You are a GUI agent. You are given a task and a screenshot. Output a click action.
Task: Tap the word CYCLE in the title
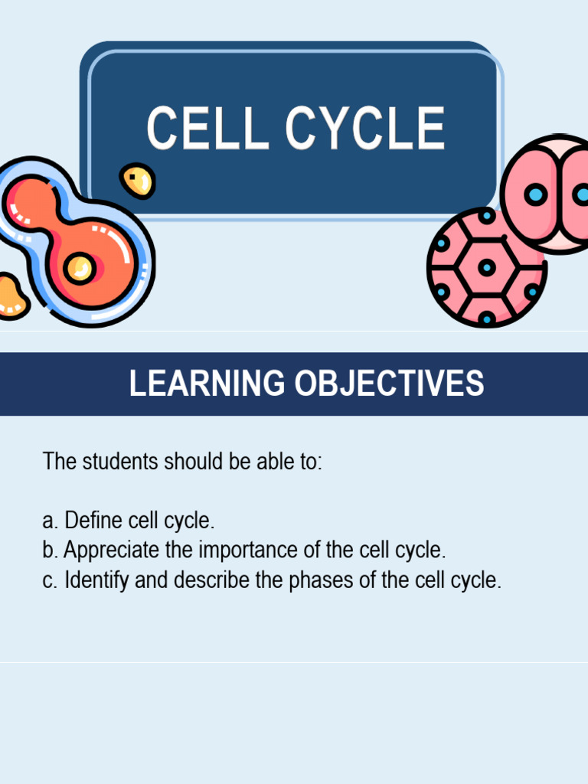click(365, 129)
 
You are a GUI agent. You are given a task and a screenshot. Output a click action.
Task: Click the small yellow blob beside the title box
click(138, 181)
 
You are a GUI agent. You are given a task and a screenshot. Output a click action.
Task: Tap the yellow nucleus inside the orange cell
click(79, 268)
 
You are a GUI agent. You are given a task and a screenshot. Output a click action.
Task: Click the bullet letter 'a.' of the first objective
click(51, 522)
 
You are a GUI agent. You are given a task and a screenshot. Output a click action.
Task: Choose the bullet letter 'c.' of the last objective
click(51, 581)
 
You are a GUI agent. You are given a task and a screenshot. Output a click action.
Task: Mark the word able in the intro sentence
click(264, 462)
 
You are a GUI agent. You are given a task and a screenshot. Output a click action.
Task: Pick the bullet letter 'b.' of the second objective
click(51, 550)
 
